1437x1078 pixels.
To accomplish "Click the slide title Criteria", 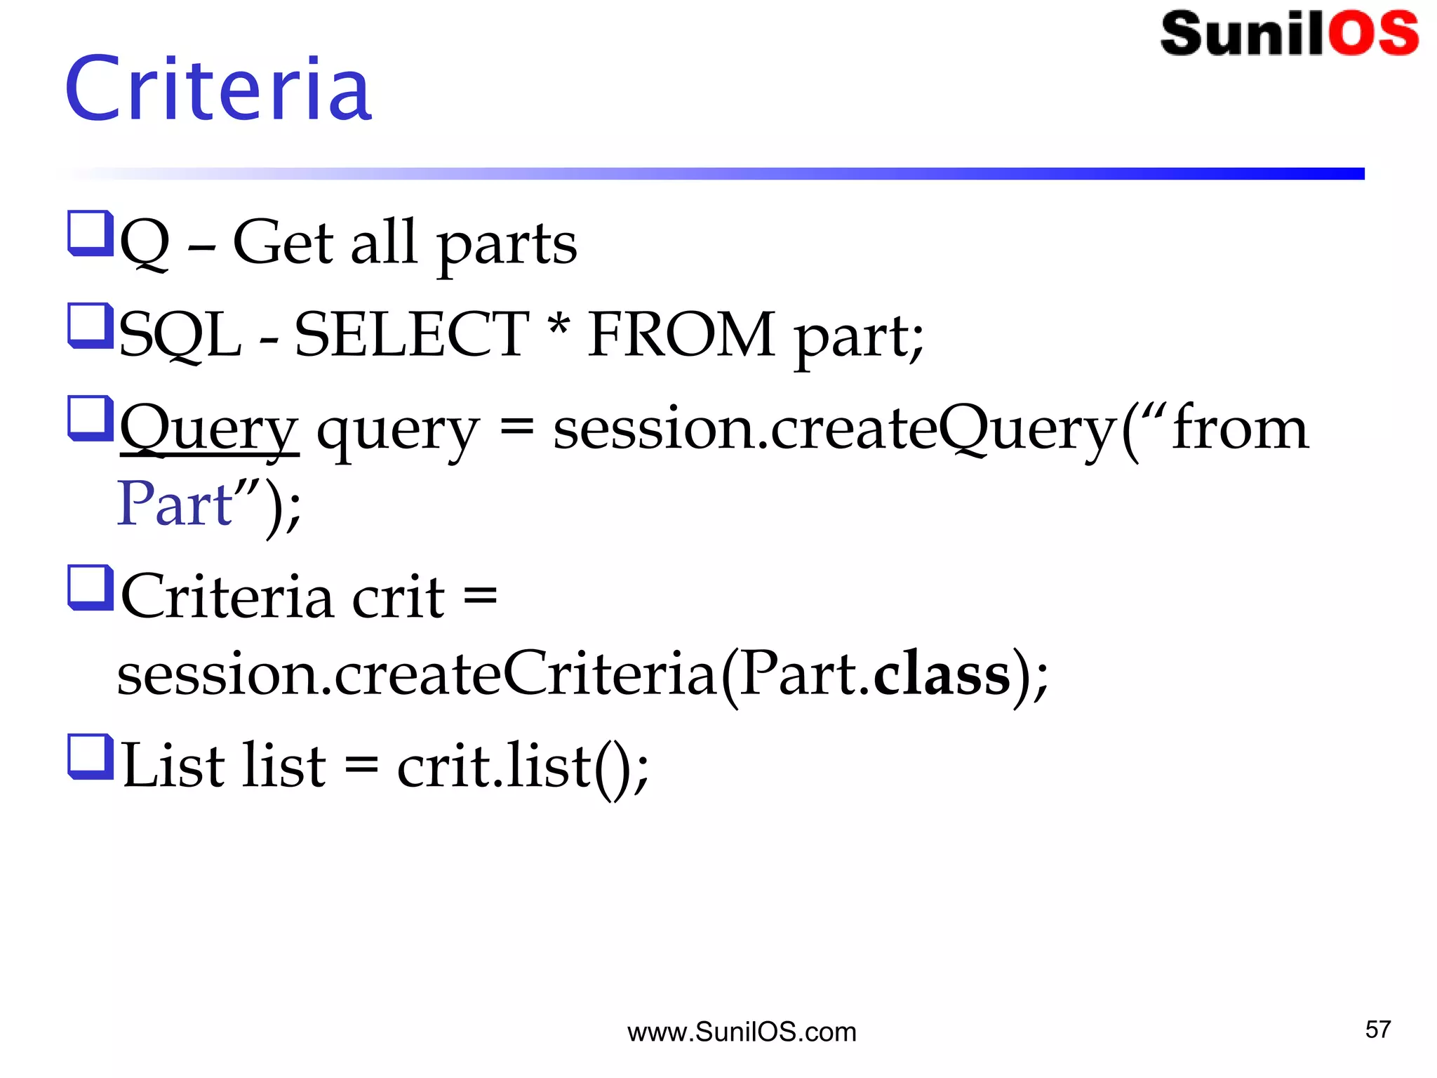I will tap(218, 89).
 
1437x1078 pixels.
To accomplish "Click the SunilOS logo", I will tap(1289, 33).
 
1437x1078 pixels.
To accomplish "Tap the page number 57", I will tap(1377, 1030).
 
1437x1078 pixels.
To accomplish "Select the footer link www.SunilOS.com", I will tap(742, 1032).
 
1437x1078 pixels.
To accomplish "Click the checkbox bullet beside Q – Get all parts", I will tap(91, 233).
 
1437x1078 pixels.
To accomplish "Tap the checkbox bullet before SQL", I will tap(91, 325).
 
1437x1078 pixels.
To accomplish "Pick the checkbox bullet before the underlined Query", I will tap(91, 418).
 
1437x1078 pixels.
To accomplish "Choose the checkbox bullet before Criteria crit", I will tap(91, 587).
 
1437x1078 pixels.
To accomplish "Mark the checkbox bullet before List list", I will tap(91, 756).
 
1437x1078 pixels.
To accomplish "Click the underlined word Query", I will tap(209, 430).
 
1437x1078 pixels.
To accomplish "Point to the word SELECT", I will tap(411, 335).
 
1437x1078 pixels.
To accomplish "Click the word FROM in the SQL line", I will tap(681, 335).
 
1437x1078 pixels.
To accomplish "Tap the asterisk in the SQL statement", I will tap(559, 325).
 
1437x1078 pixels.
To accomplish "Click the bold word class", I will tap(942, 673).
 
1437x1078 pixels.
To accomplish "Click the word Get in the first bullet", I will tap(283, 242).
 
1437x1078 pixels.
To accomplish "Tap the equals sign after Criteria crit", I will tap(481, 597).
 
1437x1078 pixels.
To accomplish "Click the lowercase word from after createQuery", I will tap(1240, 428).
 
